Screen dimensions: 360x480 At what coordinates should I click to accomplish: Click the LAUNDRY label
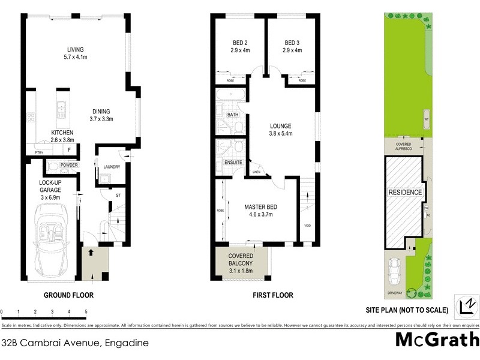pyautogui.click(x=112, y=167)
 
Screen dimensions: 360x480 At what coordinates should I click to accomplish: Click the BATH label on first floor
pyautogui.click(x=232, y=114)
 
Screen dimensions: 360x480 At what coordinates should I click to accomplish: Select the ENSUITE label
pyautogui.click(x=233, y=162)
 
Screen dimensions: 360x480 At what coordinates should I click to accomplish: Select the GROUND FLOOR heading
pyautogui.click(x=68, y=295)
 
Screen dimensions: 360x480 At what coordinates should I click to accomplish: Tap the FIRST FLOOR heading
pyautogui.click(x=273, y=295)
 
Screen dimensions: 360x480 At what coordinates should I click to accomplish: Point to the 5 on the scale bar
pyautogui.click(x=86, y=311)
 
